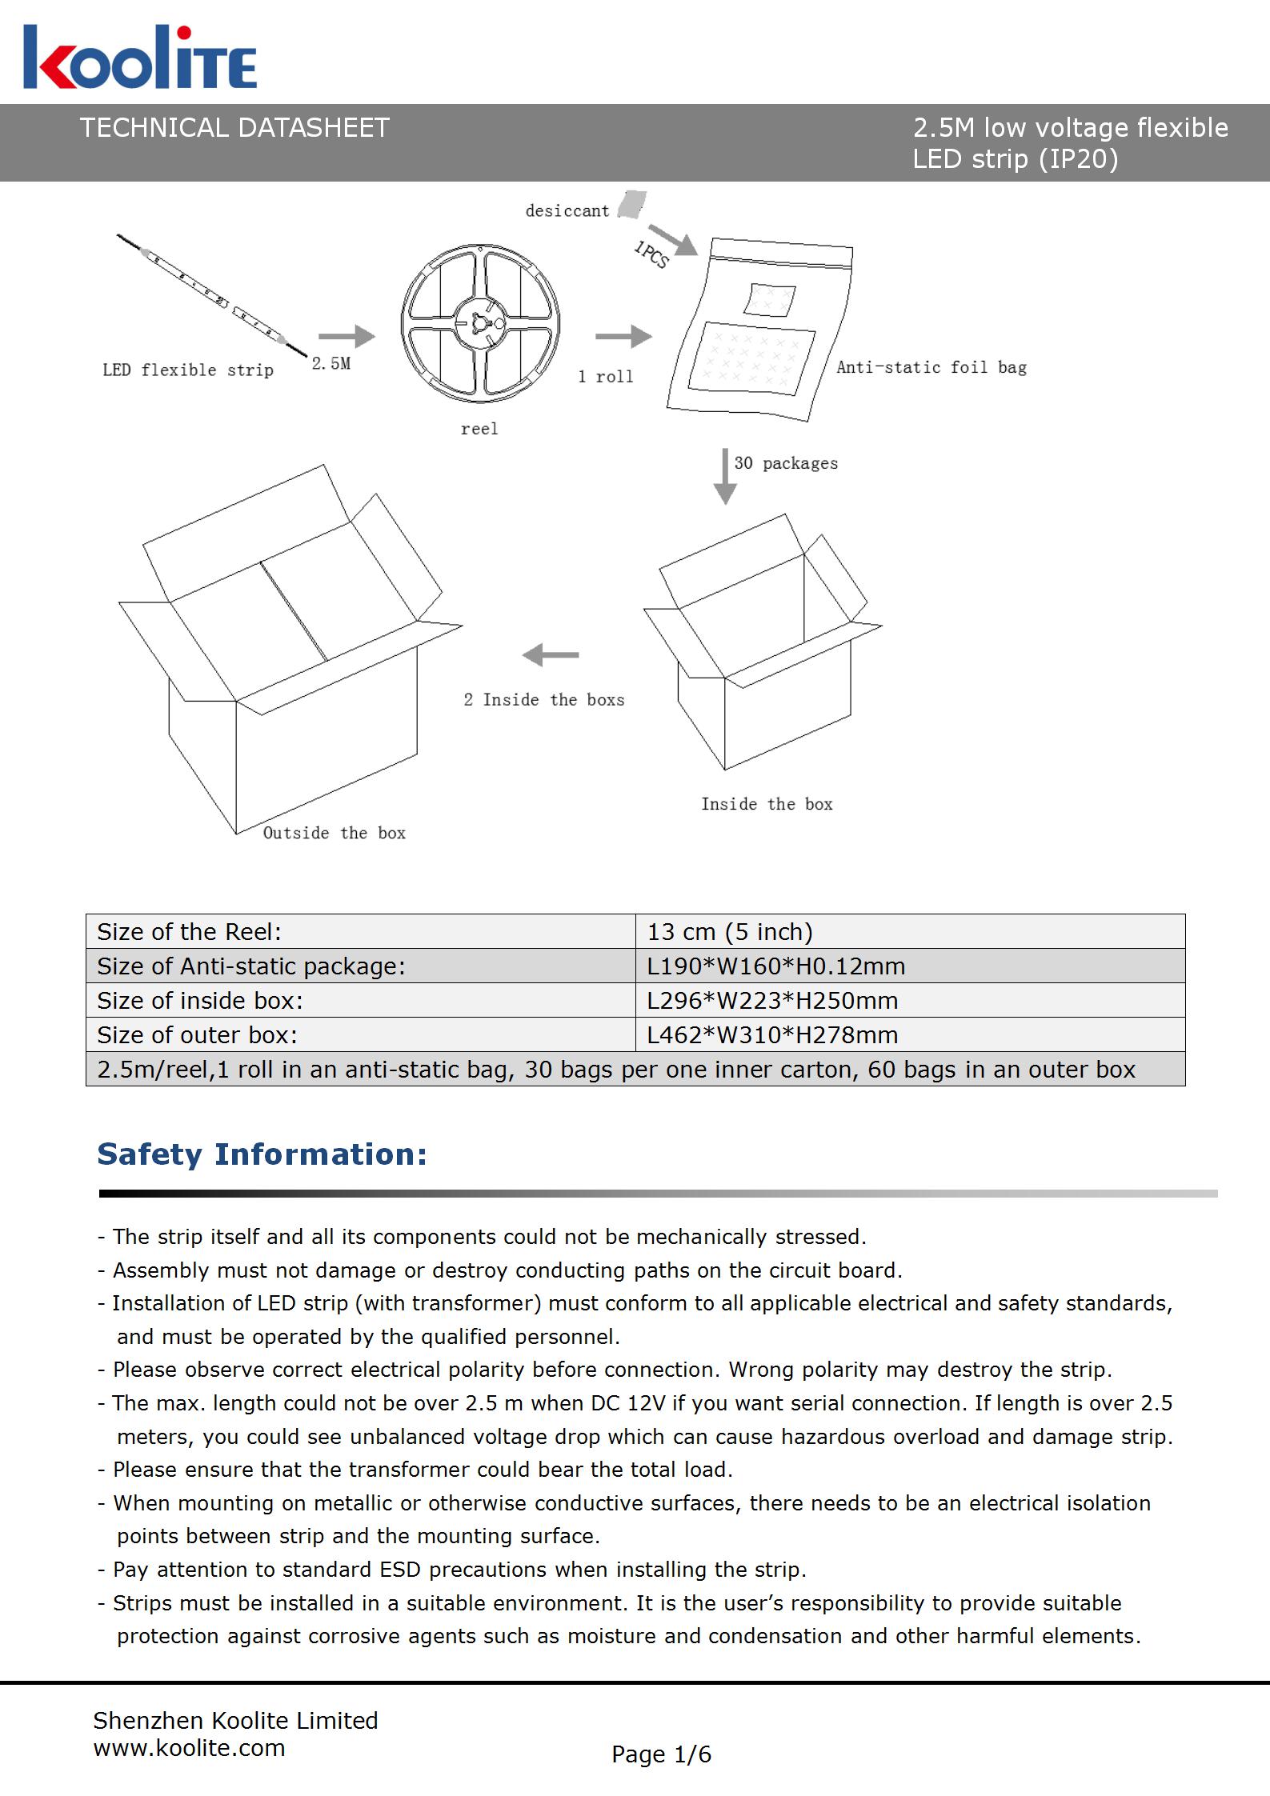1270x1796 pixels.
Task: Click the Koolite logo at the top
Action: click(x=140, y=58)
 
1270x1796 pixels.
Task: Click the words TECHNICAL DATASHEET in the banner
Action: click(x=234, y=128)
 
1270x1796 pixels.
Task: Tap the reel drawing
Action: click(x=480, y=324)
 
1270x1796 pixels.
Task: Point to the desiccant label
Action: click(x=567, y=211)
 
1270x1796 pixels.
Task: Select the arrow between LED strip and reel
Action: click(x=347, y=337)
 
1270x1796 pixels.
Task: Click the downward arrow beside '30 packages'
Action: click(x=724, y=476)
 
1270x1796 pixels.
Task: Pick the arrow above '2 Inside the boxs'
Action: click(x=551, y=655)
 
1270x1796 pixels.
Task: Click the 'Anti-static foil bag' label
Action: click(x=931, y=367)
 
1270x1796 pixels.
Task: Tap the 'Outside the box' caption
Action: click(x=335, y=833)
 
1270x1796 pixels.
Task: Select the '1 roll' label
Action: click(x=606, y=377)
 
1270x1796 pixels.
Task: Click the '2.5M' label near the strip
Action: click(x=331, y=364)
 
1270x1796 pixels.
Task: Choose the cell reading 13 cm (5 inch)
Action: click(x=730, y=932)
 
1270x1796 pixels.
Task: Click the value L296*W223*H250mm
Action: click(x=772, y=1001)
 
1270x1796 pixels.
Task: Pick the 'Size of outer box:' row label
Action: click(x=198, y=1035)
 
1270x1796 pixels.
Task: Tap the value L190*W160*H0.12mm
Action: click(x=776, y=966)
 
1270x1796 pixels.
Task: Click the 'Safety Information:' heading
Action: click(x=262, y=1154)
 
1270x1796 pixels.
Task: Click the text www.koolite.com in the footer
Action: click(x=190, y=1748)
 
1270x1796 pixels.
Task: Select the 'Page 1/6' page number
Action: click(x=661, y=1754)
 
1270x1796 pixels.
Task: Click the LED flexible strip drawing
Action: click(x=212, y=294)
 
